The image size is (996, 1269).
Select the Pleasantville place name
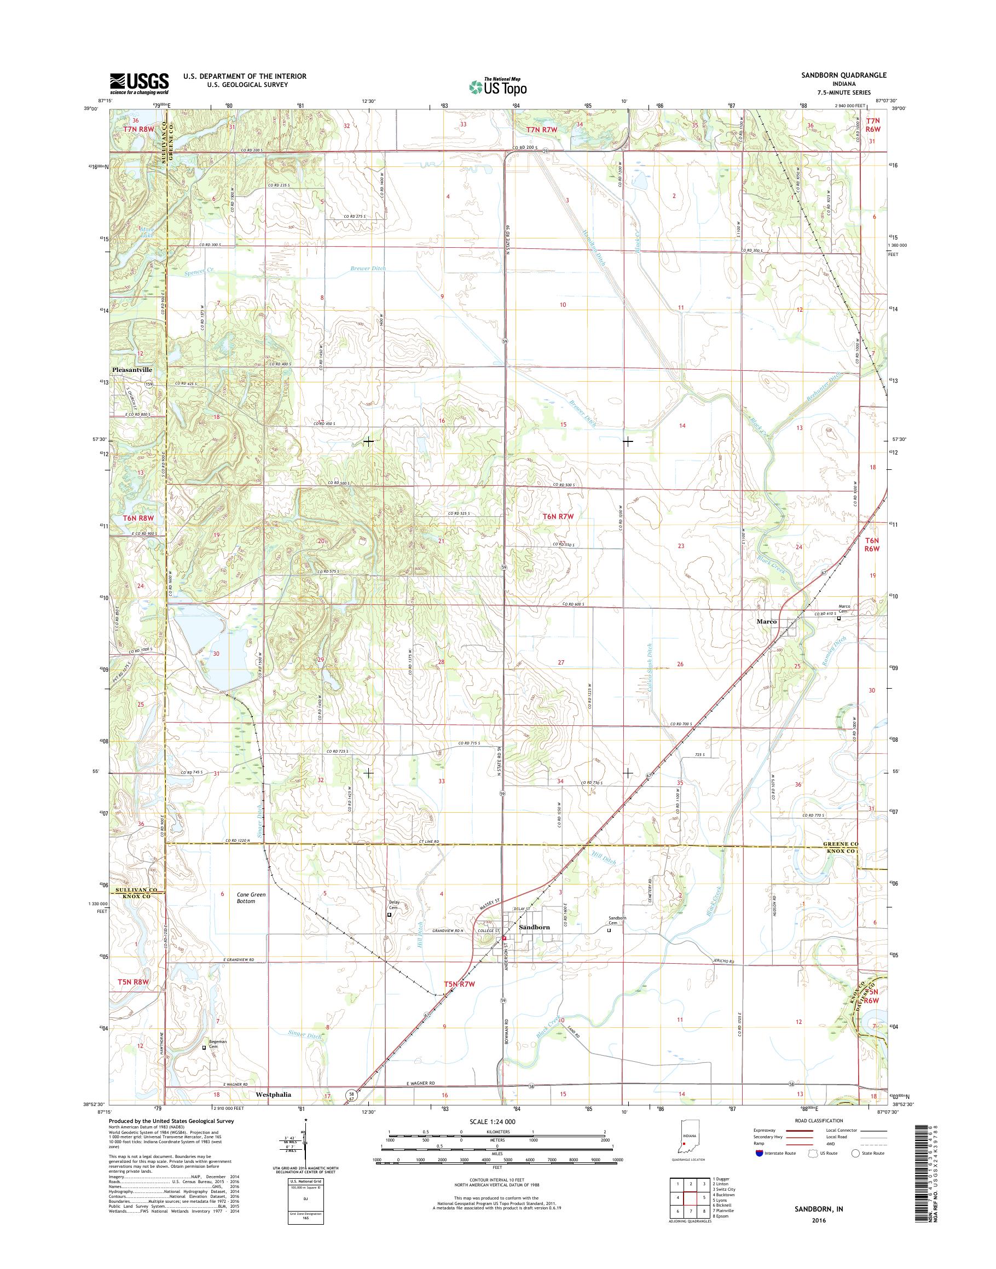tap(132, 370)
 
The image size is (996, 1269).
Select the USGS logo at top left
tap(140, 84)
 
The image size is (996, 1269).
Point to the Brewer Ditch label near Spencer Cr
tap(367, 269)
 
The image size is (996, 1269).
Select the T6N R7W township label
tap(558, 516)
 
